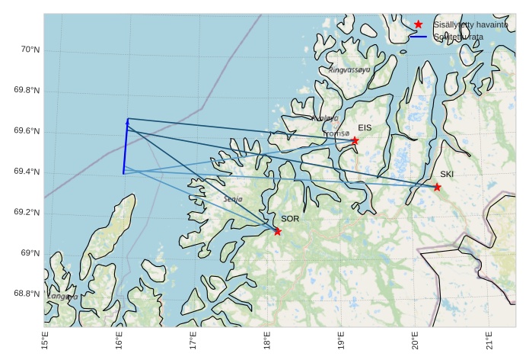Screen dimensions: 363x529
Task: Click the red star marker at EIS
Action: [x=355, y=140]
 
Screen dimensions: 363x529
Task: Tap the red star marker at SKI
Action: [x=437, y=187]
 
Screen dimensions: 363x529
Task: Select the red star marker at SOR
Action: [x=277, y=231]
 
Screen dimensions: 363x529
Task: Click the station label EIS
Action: [x=365, y=128]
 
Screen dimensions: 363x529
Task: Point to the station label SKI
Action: [x=447, y=175]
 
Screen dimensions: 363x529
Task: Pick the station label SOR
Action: [x=290, y=219]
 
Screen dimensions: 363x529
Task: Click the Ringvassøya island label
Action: [x=349, y=69]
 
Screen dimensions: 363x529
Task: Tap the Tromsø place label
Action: [x=336, y=133]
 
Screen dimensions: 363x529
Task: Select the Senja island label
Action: [x=233, y=199]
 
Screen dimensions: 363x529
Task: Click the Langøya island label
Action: [x=62, y=296]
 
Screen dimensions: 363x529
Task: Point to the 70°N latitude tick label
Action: [x=29, y=50]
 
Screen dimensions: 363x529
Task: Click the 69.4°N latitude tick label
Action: [x=27, y=172]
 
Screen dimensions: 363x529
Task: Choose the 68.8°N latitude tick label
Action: [x=27, y=294]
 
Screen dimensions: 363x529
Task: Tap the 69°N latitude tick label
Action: [x=29, y=253]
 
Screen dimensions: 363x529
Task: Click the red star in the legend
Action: [x=418, y=24]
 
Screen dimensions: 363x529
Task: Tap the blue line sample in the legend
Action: [x=418, y=36]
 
